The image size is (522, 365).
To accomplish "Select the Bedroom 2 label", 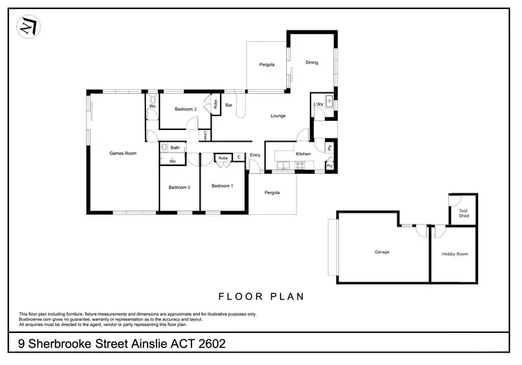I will pos(185,109).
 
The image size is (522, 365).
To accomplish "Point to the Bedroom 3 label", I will pos(180,187).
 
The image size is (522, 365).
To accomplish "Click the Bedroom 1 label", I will pos(222,186).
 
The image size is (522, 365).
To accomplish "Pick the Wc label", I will pos(152,107).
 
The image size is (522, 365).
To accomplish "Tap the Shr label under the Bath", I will pos(173,161).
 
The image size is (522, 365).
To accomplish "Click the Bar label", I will pos(228,105).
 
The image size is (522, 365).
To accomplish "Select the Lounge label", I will pos(278,116).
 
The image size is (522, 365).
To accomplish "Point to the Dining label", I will pos(311,63).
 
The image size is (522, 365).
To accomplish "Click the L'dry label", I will pos(319,104).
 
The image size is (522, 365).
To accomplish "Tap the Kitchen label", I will pos(303,153).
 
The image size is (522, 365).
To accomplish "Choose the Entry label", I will pos(255,155).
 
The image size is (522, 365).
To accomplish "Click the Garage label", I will pos(381,252).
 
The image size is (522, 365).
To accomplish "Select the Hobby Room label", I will pos(455,254).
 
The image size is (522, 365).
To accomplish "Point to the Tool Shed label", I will pos(464,213).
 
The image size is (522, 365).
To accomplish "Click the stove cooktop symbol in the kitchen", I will pos(301,165).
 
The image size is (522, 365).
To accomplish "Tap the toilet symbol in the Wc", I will pos(152,98).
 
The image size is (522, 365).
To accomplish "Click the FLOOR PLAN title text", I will pos(261,296).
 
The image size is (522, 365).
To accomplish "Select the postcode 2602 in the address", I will pos(206,343).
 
